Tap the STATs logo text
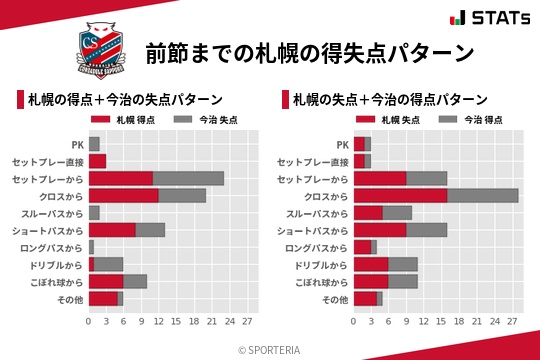coord(492,18)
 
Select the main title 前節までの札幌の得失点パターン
coord(309,52)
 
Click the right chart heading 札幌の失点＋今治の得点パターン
coord(390,100)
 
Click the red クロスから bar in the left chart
coord(124,195)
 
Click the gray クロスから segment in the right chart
coord(483,195)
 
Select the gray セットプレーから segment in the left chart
coord(188,178)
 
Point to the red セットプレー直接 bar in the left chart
coord(97,161)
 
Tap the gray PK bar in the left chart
coord(94,144)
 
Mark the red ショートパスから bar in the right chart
coord(380,229)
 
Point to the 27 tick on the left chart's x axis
coord(247,322)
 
